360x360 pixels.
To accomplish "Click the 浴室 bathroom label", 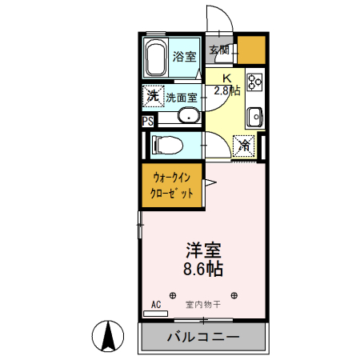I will point(185,56).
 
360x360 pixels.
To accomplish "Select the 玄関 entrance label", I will point(219,50).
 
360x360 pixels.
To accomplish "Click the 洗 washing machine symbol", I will point(153,96).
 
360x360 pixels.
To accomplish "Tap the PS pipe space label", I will point(147,122).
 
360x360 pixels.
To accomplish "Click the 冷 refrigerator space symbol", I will point(244,146).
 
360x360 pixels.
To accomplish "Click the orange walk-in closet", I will point(170,186).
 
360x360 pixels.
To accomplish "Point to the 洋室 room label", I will point(204,250).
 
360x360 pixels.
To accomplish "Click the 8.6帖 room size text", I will point(204,270).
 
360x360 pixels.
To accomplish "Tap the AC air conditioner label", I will point(156,305).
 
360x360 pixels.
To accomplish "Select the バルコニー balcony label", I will point(203,337).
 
